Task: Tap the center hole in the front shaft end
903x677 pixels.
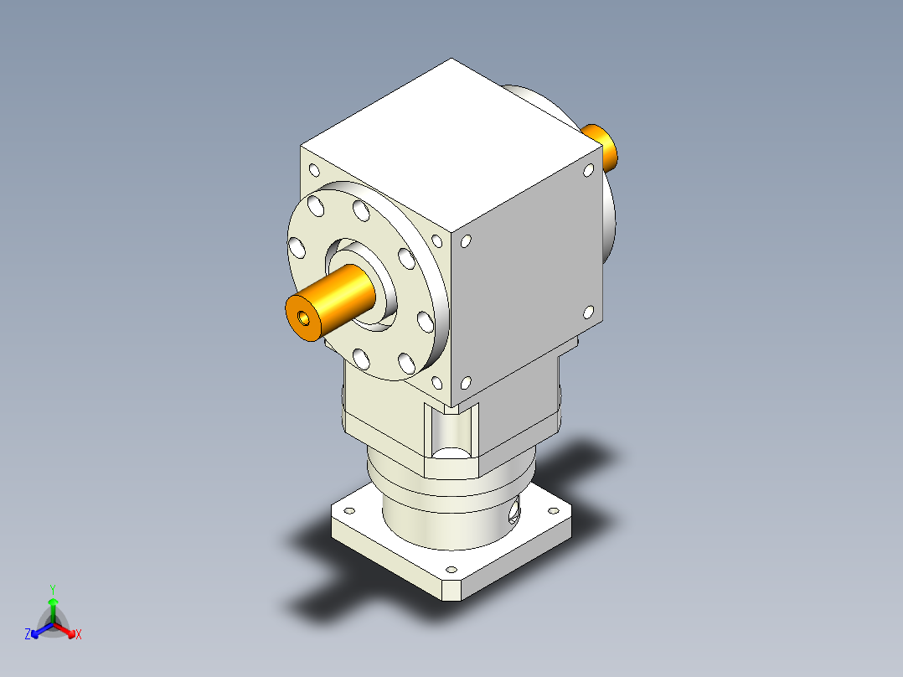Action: click(x=303, y=318)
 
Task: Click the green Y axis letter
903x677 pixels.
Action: click(x=52, y=588)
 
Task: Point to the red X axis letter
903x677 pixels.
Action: click(x=79, y=635)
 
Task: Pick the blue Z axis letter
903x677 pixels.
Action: click(x=28, y=635)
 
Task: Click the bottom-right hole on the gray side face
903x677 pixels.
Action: click(x=587, y=313)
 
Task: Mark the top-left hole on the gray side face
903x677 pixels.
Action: click(x=466, y=241)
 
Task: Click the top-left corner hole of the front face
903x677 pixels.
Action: click(x=314, y=171)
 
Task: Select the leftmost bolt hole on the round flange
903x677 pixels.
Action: click(x=296, y=247)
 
